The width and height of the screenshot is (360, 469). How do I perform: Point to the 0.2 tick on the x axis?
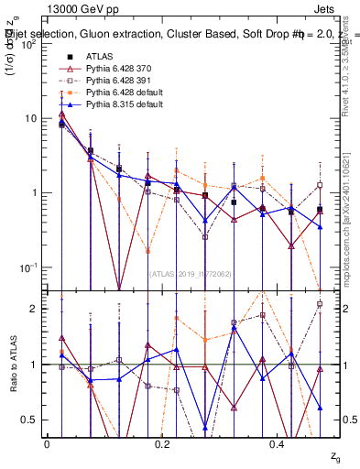tap(163, 442)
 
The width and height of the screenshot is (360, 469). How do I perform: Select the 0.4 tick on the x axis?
tap(279, 442)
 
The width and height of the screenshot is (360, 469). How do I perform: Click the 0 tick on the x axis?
tap(47, 442)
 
